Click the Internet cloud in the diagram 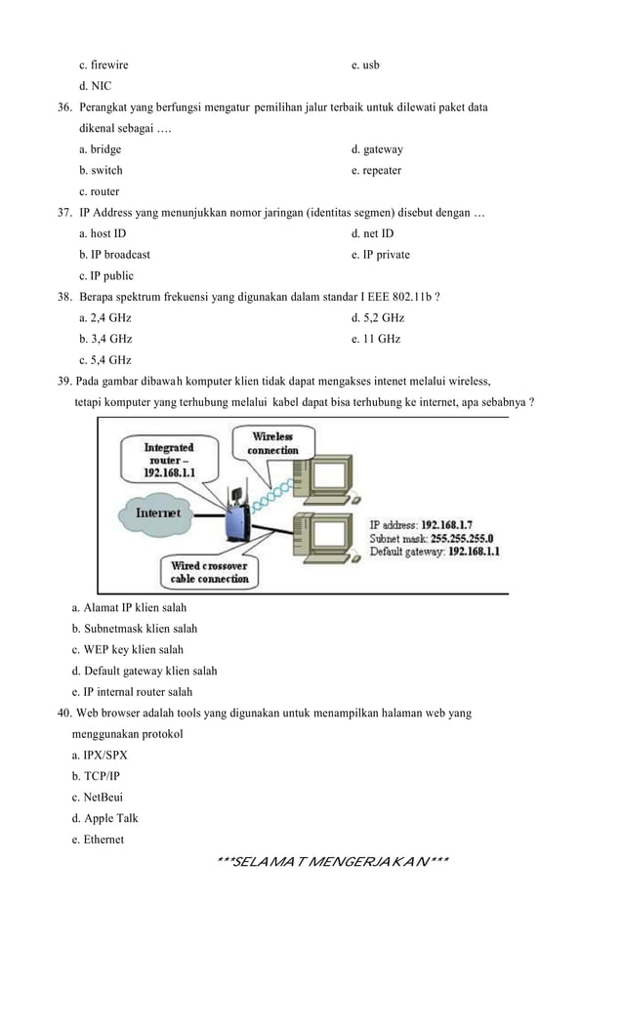point(156,513)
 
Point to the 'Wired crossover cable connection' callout point(210,572)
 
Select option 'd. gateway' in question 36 point(377,149)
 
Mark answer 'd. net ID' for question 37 point(372,233)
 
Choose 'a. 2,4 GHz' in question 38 point(104,318)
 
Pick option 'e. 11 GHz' point(376,339)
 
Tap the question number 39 point(66,381)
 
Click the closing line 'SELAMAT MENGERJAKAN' point(333,861)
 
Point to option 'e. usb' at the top point(365,64)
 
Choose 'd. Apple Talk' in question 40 point(111,818)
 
